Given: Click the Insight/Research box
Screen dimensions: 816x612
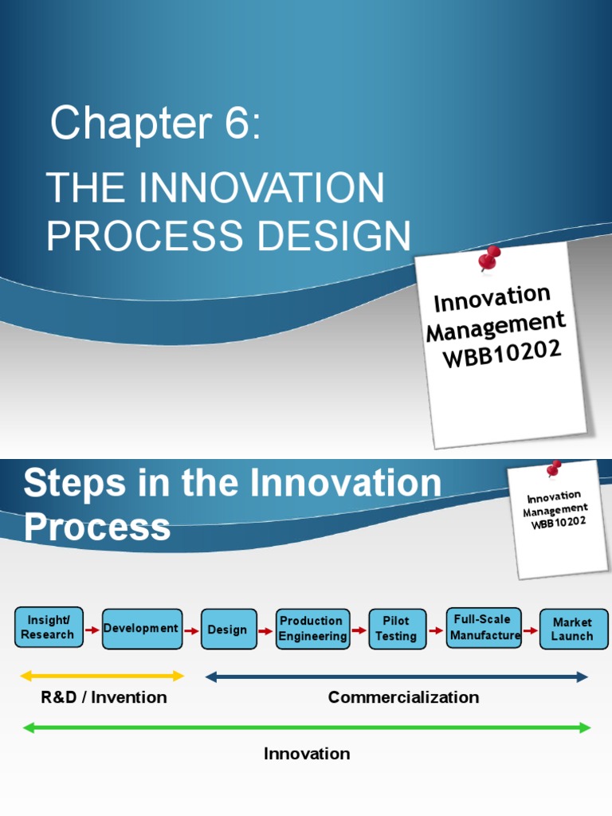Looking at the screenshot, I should (x=49, y=628).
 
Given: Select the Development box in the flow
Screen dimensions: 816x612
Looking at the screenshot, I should (x=142, y=629).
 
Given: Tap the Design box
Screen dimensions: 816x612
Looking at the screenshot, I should (x=229, y=630).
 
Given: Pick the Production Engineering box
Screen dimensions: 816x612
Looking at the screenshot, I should (x=312, y=629).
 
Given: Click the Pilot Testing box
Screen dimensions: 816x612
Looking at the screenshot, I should (x=397, y=629).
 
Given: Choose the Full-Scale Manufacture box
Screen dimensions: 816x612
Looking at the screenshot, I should (x=484, y=627).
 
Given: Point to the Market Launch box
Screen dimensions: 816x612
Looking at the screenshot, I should (x=573, y=629).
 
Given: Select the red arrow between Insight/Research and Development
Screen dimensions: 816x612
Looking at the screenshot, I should (x=93, y=630).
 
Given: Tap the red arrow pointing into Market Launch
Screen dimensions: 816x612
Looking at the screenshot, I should (x=530, y=630).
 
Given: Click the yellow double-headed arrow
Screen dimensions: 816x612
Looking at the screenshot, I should (x=102, y=677).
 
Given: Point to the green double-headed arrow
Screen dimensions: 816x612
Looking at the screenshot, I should (x=307, y=727).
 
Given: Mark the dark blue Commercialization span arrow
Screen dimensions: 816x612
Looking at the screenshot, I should (x=396, y=677).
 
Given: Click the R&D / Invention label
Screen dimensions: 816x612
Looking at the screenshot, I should (x=104, y=697).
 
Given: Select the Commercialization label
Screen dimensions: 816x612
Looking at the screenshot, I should (x=403, y=697).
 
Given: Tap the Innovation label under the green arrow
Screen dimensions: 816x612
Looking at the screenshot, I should (x=307, y=753).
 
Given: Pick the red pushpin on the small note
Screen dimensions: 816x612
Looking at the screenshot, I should (x=553, y=469).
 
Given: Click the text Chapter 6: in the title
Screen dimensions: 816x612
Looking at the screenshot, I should (x=155, y=125).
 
